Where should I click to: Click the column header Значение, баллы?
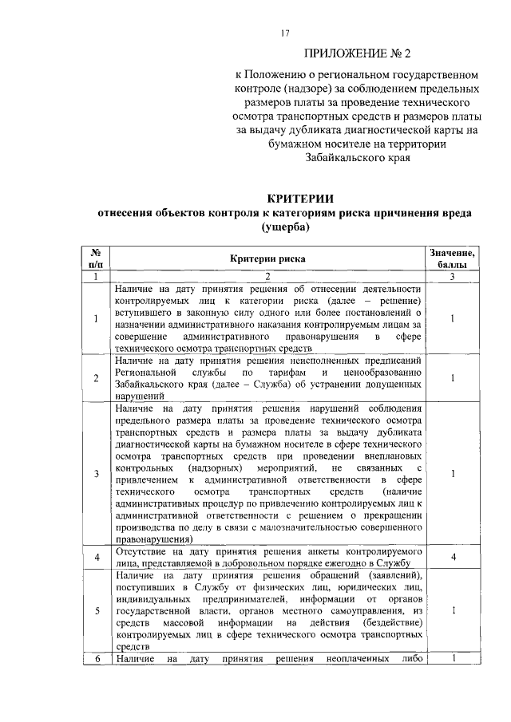pos(452,258)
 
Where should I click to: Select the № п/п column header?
pos(95,258)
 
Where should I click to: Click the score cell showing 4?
pos(452,557)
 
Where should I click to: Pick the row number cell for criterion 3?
pos(95,474)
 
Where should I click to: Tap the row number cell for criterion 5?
pos(95,611)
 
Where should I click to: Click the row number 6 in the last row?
pos(95,658)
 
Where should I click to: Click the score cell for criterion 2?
pos(452,378)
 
